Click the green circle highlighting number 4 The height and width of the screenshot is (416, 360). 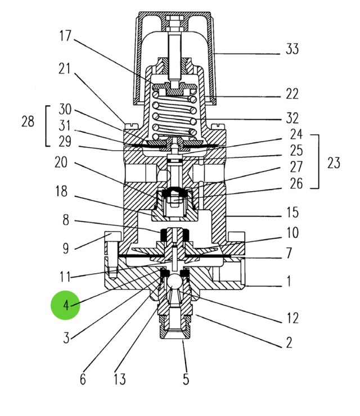point(66,306)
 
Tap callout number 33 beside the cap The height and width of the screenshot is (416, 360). point(292,49)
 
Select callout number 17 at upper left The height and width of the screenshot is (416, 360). point(65,36)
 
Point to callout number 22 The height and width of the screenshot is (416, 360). point(292,94)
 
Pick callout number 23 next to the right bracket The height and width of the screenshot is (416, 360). point(334,163)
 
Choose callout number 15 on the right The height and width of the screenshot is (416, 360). point(292,213)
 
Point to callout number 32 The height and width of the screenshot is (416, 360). point(292,119)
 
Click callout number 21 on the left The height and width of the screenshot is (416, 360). point(65,69)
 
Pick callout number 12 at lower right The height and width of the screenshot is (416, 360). point(292,319)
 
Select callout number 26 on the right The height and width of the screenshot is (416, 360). point(296,183)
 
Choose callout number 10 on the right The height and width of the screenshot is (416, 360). point(292,232)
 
